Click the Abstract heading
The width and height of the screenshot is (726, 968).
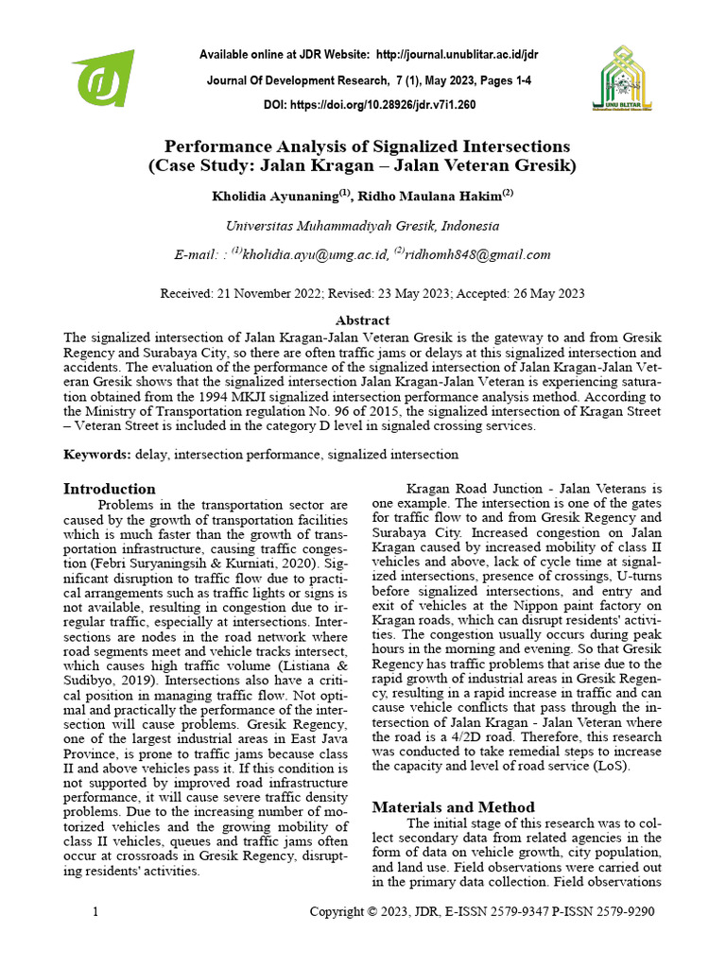362,320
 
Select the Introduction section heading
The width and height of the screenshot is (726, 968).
109,489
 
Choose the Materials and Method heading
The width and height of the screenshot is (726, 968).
453,806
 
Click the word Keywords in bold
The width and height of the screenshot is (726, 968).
96,455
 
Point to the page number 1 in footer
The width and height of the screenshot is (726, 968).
95,912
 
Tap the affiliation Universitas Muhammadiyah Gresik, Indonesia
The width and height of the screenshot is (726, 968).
362,226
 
